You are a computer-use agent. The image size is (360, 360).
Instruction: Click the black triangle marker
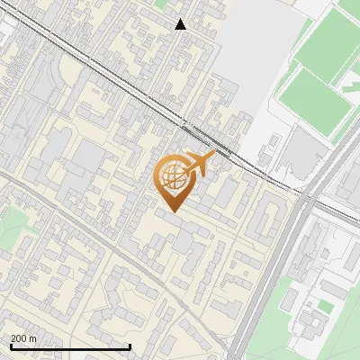[181, 24]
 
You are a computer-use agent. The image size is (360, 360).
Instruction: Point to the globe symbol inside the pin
[173, 176]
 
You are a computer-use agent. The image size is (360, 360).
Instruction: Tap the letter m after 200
[32, 338]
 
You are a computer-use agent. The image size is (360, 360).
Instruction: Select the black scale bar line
[69, 346]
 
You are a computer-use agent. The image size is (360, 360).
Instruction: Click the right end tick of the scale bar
[130, 346]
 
